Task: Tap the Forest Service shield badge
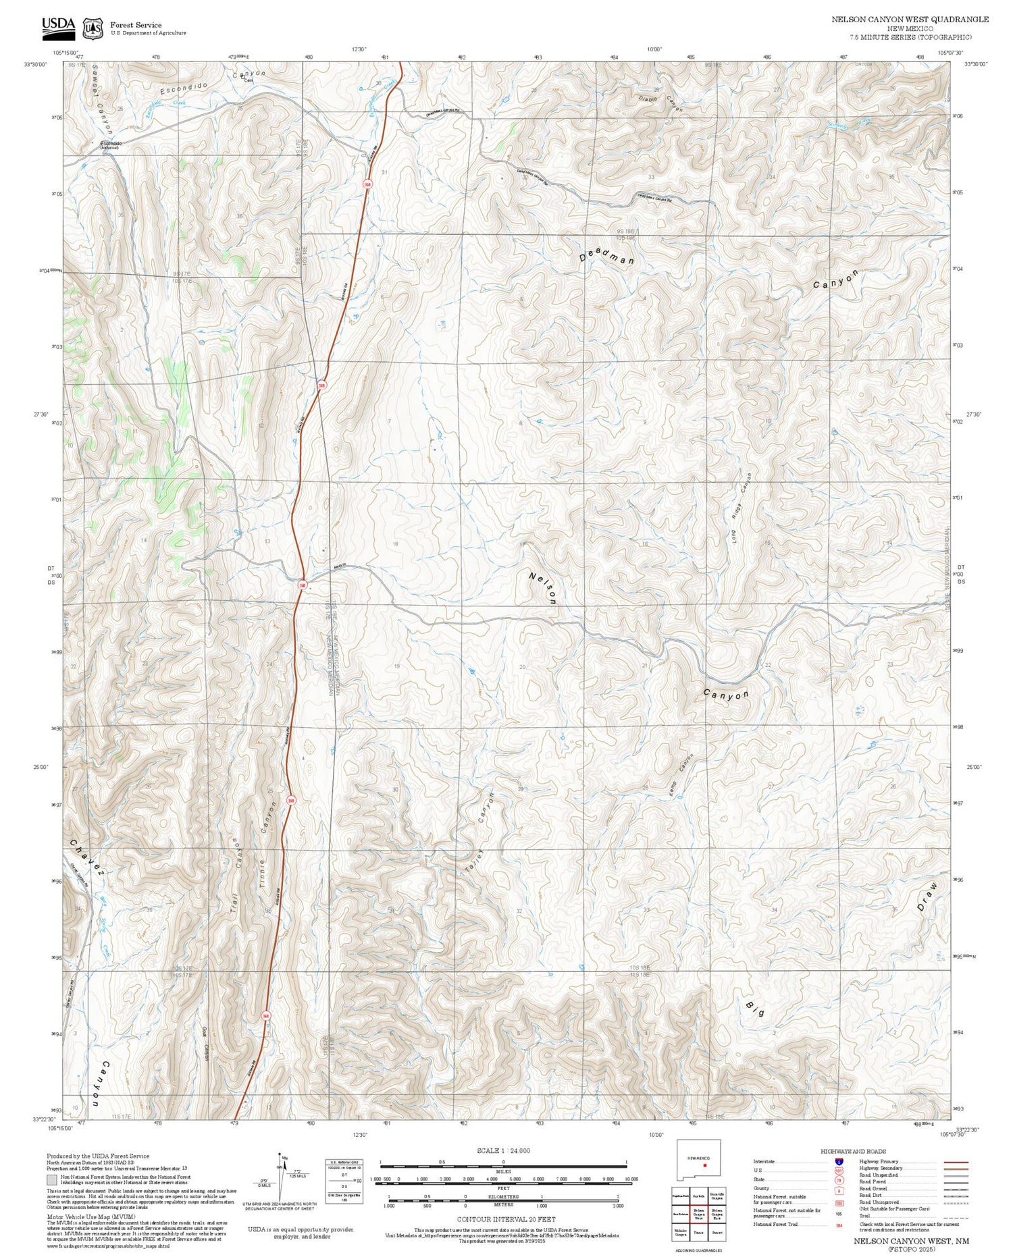[x=93, y=28]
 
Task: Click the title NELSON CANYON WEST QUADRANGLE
[x=910, y=20]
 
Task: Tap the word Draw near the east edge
[x=928, y=896]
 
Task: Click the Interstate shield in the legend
[x=839, y=1162]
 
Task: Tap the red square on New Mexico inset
[x=704, y=1165]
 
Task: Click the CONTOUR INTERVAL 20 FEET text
[x=506, y=1219]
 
